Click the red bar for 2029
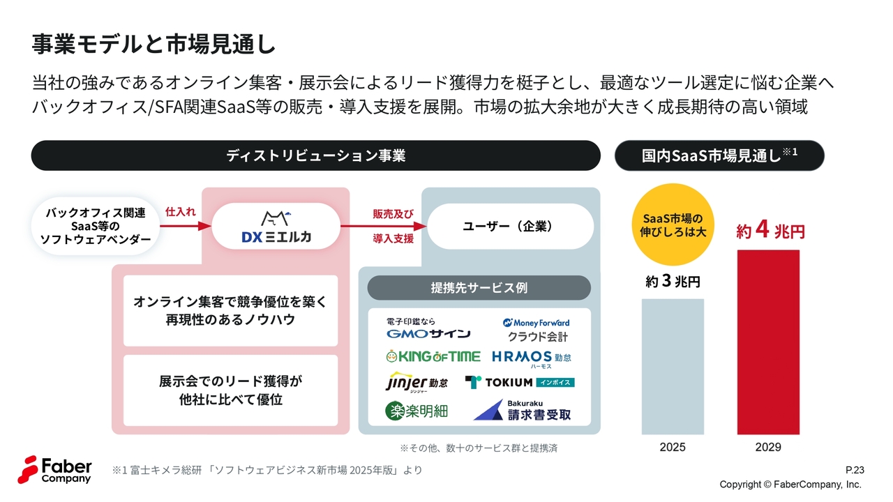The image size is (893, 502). tap(768, 342)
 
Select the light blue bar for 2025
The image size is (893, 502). tap(673, 367)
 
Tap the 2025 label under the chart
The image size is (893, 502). tap(673, 447)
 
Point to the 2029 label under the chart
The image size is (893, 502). tap(768, 447)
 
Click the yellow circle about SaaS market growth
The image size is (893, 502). tap(673, 225)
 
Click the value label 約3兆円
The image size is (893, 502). tap(673, 282)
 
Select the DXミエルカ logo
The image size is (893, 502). tap(276, 227)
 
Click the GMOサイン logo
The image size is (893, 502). tap(428, 329)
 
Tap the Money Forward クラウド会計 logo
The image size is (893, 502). tap(536, 330)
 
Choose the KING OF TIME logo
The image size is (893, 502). tap(433, 356)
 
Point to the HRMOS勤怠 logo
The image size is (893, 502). tap(532, 358)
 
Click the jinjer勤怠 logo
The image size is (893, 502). tap(417, 383)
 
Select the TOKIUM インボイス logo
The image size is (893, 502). tap(520, 382)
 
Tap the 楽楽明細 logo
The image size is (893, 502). tap(417, 411)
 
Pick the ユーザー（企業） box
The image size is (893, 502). tap(510, 227)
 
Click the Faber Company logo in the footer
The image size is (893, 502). tap(55, 469)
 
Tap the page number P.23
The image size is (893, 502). tap(854, 470)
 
